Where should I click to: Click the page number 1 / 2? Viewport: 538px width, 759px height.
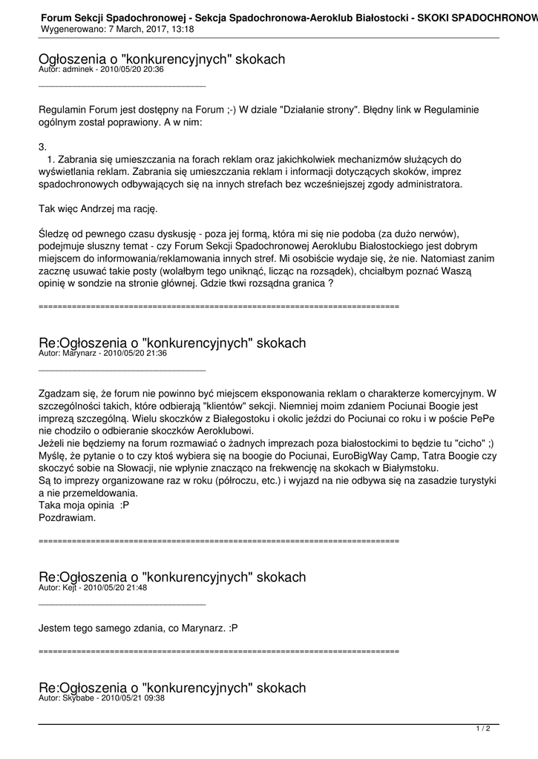(x=482, y=729)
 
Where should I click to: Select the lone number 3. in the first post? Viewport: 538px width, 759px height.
(x=42, y=147)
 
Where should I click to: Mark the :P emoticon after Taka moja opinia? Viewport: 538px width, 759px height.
(x=125, y=506)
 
